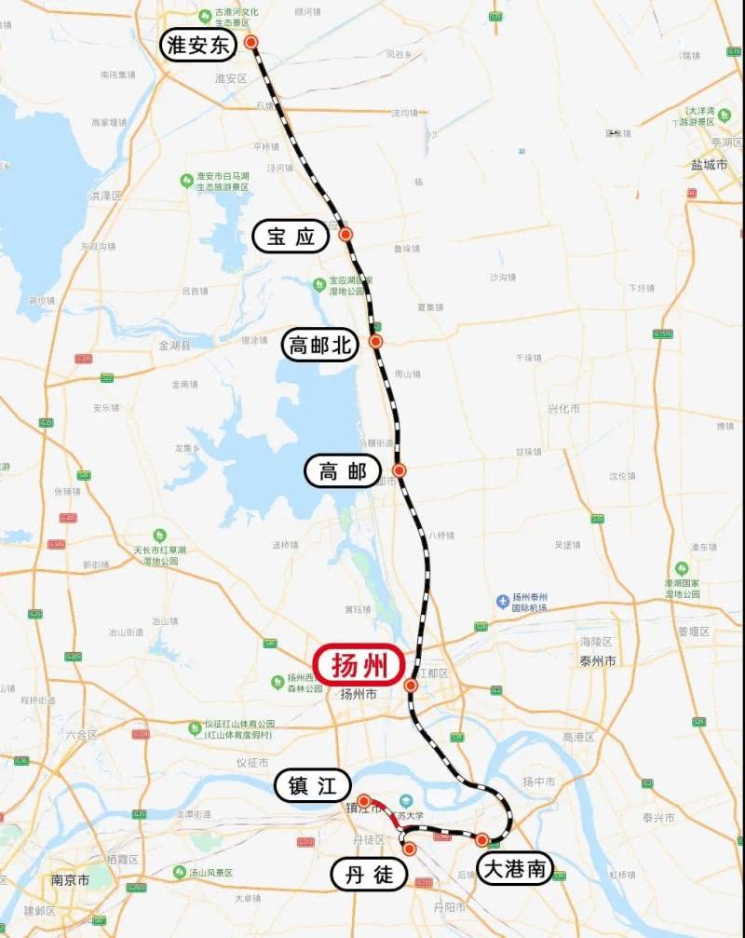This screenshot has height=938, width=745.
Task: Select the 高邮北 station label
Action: click(320, 346)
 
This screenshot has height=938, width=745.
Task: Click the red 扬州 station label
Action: click(359, 666)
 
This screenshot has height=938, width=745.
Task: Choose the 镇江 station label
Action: click(312, 786)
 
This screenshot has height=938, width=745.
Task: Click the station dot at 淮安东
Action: click(251, 42)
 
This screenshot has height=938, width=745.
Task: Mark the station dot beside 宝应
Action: click(345, 234)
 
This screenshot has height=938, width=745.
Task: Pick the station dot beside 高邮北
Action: click(376, 342)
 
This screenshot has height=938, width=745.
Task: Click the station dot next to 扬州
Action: click(411, 686)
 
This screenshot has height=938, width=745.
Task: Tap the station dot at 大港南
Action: click(482, 840)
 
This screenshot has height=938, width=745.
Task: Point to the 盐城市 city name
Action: click(709, 164)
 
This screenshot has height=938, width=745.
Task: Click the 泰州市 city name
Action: click(598, 660)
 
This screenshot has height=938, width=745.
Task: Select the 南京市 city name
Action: click(71, 879)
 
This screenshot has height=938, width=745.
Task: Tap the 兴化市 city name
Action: click(563, 408)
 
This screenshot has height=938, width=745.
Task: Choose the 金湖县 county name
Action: click(174, 345)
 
